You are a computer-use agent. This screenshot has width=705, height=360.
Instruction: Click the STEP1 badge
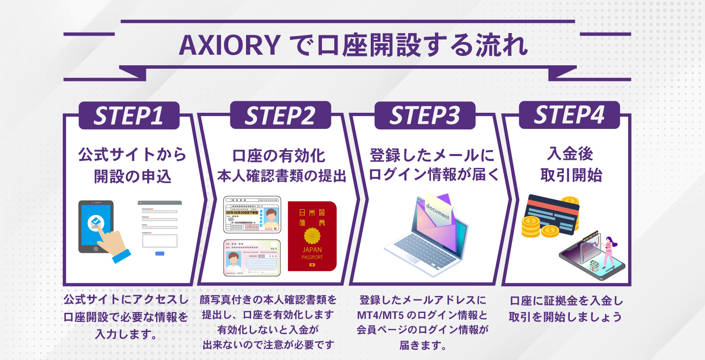point(129,116)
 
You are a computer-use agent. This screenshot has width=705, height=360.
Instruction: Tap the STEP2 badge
point(280,115)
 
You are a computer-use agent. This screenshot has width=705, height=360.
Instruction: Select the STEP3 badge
point(425,115)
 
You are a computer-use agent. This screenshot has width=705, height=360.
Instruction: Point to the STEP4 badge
point(569,115)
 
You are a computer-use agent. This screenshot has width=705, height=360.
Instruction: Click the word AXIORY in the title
point(229,45)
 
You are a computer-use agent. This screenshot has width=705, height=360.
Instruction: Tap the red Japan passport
point(312,236)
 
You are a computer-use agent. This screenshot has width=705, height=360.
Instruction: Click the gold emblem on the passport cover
point(312,236)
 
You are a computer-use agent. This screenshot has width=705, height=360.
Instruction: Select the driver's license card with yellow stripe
point(252,215)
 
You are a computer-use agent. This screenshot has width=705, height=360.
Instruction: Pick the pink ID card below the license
point(252,258)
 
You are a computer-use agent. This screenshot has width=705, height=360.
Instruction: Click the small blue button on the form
point(159,254)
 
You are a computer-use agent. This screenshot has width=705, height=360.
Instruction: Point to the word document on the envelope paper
point(437,211)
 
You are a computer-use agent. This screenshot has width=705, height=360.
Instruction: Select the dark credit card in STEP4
point(551,214)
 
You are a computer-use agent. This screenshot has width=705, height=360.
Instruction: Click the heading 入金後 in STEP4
point(570,153)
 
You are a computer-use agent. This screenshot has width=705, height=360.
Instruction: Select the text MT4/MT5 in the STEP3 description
point(380,315)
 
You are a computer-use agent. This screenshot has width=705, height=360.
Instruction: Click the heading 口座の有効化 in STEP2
point(279,156)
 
